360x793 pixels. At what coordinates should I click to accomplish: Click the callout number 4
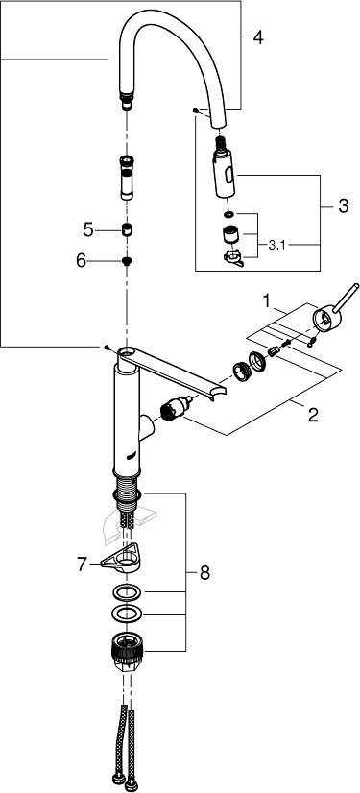point(258,37)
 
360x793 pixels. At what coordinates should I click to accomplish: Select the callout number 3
point(343,206)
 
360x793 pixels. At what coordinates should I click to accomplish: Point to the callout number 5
point(88,230)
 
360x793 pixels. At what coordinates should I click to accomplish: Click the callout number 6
point(82,261)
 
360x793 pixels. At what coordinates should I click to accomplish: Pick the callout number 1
point(266,301)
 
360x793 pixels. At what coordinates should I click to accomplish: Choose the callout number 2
point(313,415)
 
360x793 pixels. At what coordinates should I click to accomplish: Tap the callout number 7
point(83,565)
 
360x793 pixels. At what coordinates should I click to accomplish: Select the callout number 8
point(204,573)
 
